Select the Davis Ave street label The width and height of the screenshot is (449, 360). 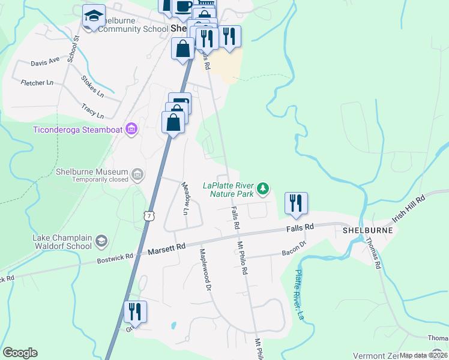coord(45,61)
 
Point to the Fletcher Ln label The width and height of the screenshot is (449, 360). coord(37,83)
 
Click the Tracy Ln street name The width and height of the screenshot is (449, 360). coord(92,110)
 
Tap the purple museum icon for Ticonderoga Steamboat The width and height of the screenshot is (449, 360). coord(131,129)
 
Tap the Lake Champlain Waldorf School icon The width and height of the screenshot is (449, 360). coord(101,241)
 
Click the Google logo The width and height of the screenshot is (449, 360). coord(20,353)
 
